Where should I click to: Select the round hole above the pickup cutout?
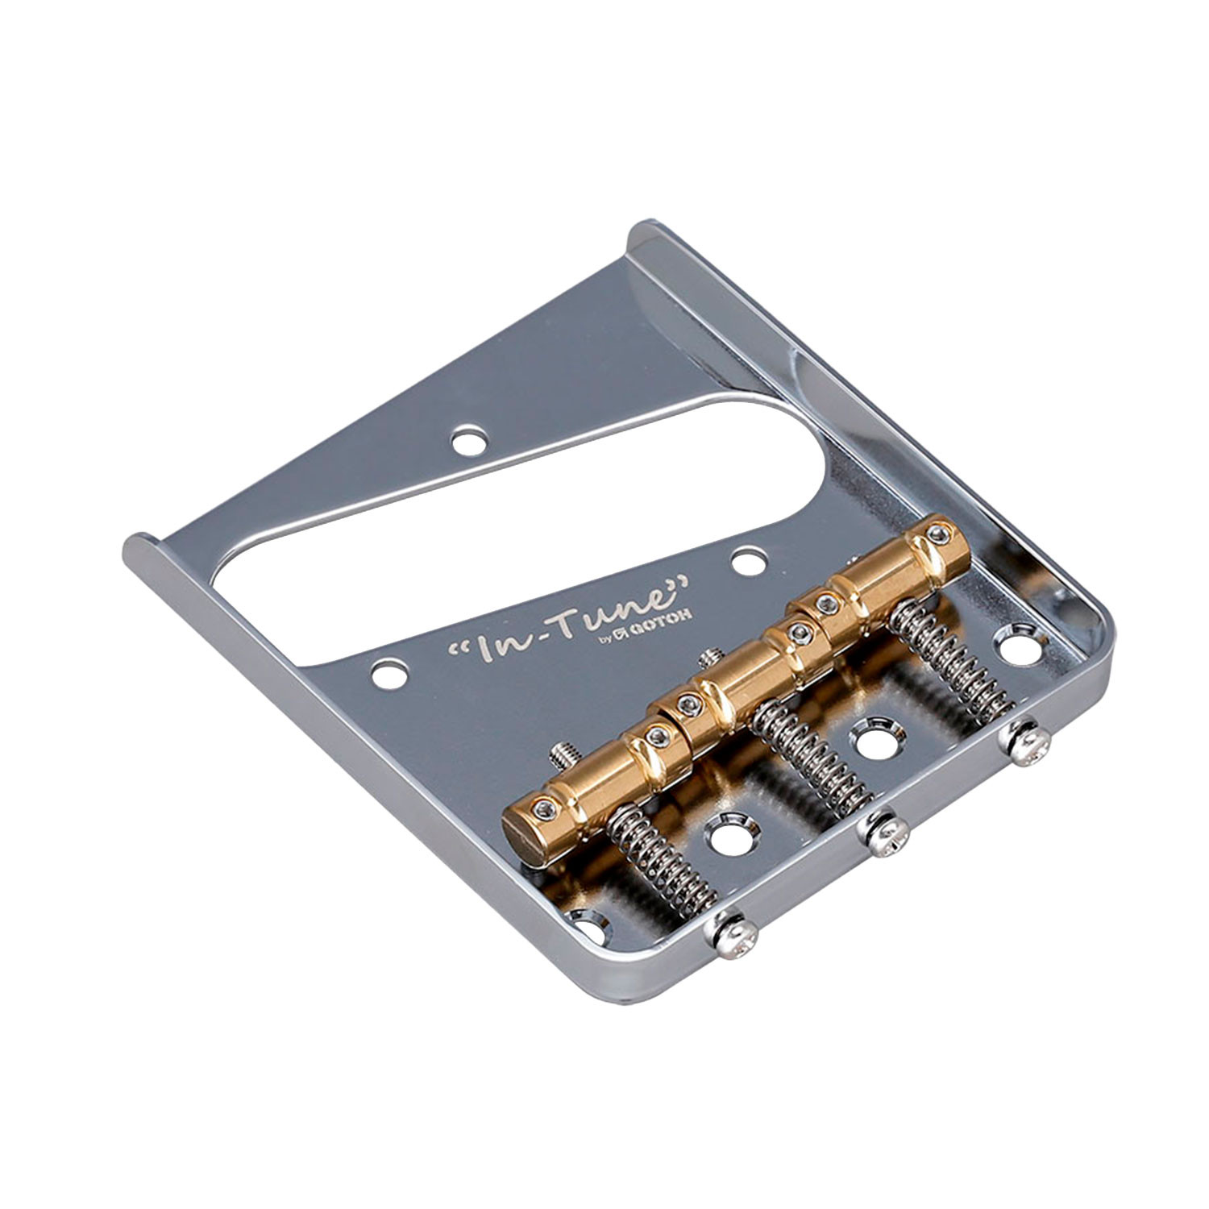[468, 441]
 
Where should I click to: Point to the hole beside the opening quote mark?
[388, 671]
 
